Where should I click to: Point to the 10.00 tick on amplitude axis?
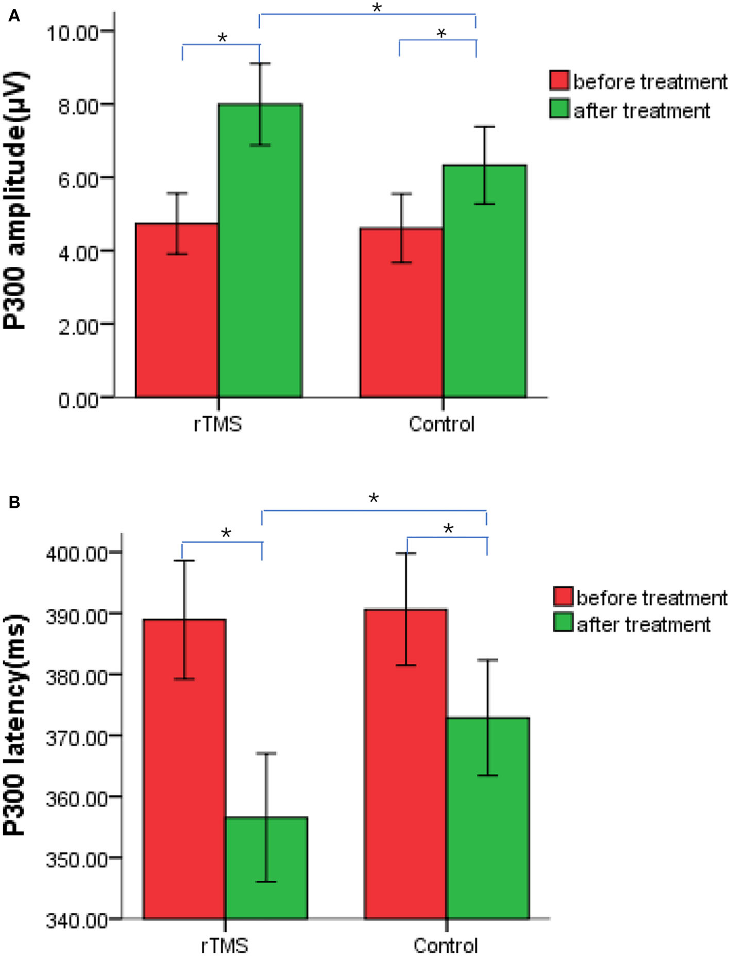[72, 33]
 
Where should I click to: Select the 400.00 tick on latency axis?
[77, 554]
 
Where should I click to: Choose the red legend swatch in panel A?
[559, 81]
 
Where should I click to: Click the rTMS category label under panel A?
[218, 424]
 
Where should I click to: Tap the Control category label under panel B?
[445, 946]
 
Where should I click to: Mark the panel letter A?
[14, 16]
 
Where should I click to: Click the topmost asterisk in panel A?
[377, 8]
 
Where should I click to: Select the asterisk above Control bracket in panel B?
[448, 528]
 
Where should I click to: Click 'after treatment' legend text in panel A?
[641, 111]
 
